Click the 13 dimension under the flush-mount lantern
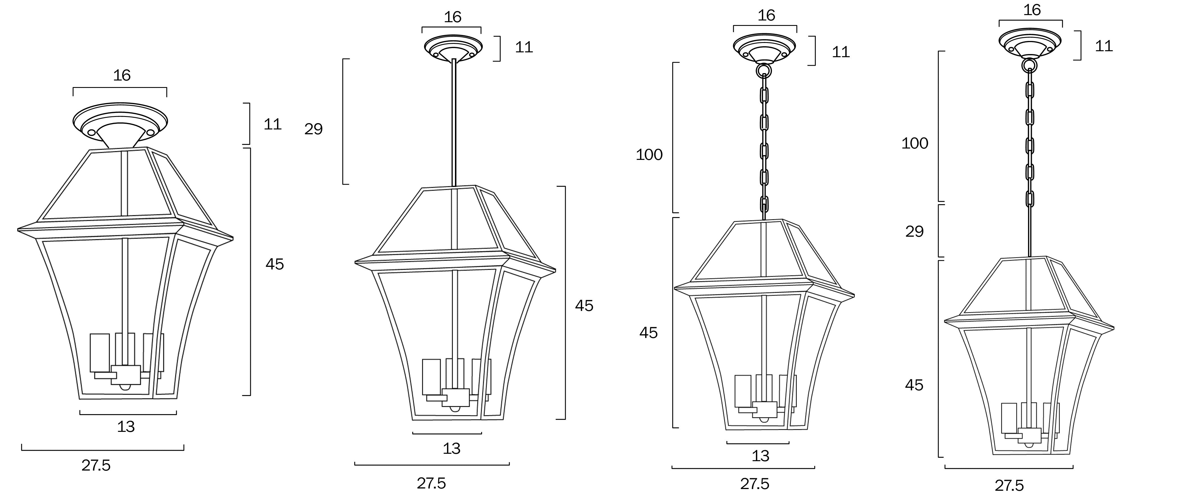pos(126,426)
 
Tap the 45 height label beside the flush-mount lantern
pos(274,264)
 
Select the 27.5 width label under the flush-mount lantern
pos(96,465)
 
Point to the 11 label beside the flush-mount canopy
pos(272,124)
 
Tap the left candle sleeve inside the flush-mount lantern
pos(100,352)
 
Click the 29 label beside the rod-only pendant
pos(313,129)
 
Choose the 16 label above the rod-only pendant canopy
pos(452,17)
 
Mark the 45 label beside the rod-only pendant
pos(584,306)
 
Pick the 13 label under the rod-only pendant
pos(452,448)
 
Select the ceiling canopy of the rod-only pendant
pos(453,47)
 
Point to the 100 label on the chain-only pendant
pos(649,155)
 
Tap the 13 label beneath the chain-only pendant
pos(760,456)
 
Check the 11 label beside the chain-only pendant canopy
pos(841,52)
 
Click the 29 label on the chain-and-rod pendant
pos(914,232)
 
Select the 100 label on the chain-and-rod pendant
pos(915,143)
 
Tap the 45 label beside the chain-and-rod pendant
pos(914,385)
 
